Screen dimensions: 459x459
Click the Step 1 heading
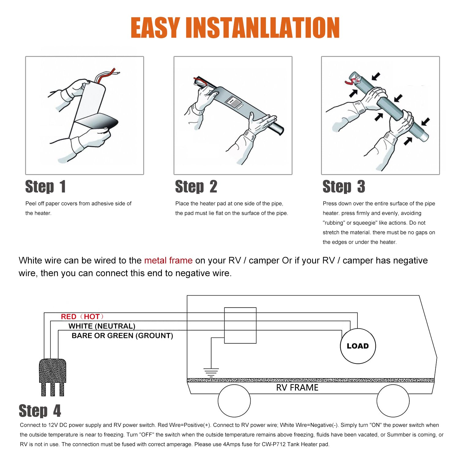click(45, 187)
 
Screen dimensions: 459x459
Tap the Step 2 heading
click(196, 187)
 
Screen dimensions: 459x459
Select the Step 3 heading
click(344, 187)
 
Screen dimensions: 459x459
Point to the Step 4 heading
click(40, 411)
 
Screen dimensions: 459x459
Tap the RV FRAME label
click(297, 388)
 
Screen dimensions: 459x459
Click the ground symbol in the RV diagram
click(211, 372)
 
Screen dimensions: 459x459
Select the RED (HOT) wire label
click(82, 317)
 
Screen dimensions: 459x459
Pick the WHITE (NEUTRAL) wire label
click(102, 326)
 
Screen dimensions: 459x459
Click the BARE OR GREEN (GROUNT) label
click(122, 336)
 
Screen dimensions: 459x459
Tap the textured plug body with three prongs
click(53, 377)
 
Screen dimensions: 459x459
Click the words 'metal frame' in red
click(168, 260)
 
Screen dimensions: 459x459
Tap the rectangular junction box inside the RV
click(240, 325)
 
